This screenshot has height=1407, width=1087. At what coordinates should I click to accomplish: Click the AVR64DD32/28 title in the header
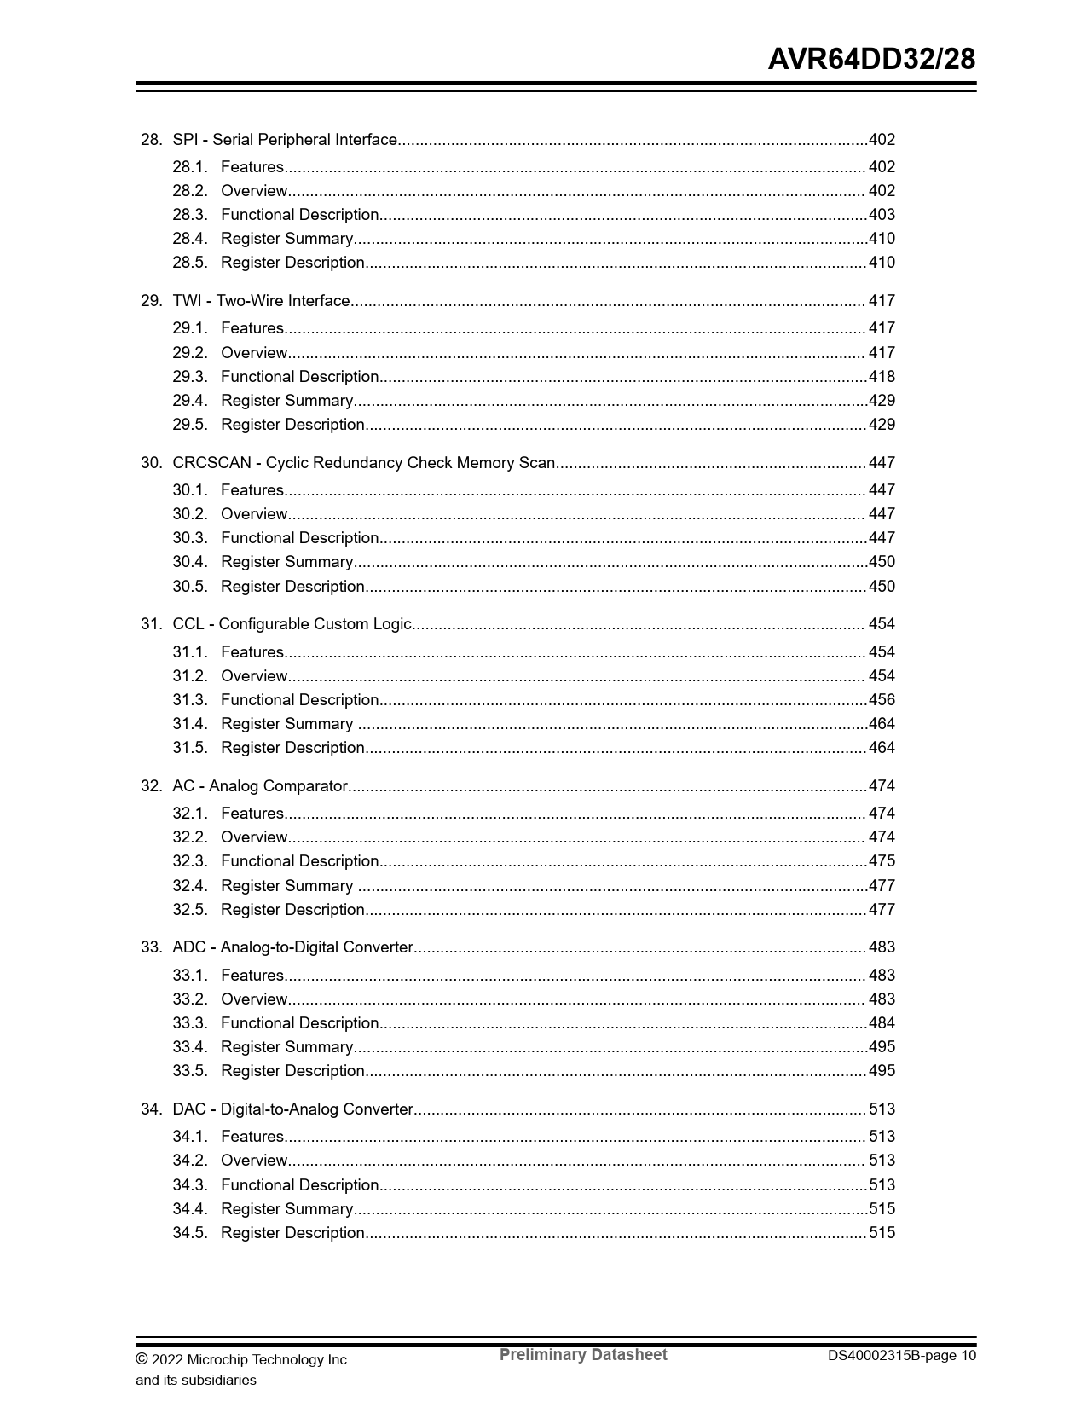point(871,60)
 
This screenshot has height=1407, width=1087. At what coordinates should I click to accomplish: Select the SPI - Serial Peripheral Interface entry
point(285,140)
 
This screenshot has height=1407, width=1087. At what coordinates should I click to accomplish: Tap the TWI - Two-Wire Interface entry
point(261,301)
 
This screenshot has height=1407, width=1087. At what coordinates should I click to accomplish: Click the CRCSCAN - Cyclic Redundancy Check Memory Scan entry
point(363,463)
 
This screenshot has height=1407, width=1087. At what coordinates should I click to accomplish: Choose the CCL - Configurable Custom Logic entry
point(292,624)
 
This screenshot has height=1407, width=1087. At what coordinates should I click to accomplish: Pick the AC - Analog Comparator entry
point(260,786)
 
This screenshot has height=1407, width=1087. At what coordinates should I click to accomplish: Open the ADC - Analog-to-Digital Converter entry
point(292,947)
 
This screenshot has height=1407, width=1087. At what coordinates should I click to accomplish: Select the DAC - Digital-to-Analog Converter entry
point(292,1109)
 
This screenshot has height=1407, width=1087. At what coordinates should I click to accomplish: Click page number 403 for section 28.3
point(882,215)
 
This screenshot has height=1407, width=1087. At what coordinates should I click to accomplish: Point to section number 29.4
point(189,401)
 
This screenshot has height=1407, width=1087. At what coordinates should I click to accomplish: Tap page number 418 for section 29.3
point(882,377)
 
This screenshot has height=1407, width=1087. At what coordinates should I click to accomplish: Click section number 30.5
point(189,587)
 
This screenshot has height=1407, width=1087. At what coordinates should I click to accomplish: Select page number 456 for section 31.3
point(882,700)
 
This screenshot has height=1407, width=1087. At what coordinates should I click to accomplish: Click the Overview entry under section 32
point(254,837)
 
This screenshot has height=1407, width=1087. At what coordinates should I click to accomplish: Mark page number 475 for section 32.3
point(882,861)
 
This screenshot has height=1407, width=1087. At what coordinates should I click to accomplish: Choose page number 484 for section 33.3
point(882,1023)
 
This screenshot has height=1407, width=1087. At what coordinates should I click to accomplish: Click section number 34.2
point(189,1161)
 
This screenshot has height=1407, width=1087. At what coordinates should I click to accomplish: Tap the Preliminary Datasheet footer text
point(583,1355)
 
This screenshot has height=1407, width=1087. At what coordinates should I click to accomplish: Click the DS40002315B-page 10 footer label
point(902,1356)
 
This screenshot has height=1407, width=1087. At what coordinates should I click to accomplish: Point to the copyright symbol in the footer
point(142,1358)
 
